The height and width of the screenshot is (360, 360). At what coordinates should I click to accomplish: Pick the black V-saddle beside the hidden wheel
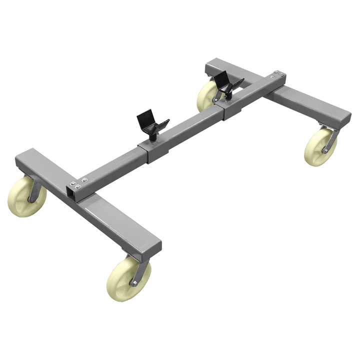point(227,83)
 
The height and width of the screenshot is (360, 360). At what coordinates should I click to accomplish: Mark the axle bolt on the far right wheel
point(325,149)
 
